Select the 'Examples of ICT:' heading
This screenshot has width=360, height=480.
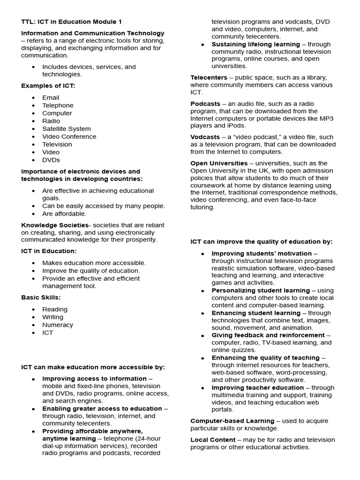(48, 86)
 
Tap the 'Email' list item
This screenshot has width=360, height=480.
(51, 97)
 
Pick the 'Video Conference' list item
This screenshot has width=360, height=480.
(69, 136)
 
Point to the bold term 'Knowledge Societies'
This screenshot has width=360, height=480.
(54, 225)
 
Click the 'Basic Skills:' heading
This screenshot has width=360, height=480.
(41, 297)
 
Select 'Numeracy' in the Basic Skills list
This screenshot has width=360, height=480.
(58, 325)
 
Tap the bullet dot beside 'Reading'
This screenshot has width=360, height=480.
(33, 309)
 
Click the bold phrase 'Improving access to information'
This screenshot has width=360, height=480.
(94, 378)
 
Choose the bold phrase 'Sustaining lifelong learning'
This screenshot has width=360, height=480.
(255, 44)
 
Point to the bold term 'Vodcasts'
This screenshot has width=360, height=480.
(205, 137)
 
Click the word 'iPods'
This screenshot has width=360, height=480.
(236, 126)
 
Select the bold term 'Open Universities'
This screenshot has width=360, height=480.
(219, 163)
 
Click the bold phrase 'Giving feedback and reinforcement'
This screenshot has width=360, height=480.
(268, 335)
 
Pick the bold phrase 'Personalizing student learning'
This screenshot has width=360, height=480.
(260, 291)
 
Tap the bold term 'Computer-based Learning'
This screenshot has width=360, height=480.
(232, 421)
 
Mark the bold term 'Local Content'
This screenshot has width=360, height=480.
(213, 440)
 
